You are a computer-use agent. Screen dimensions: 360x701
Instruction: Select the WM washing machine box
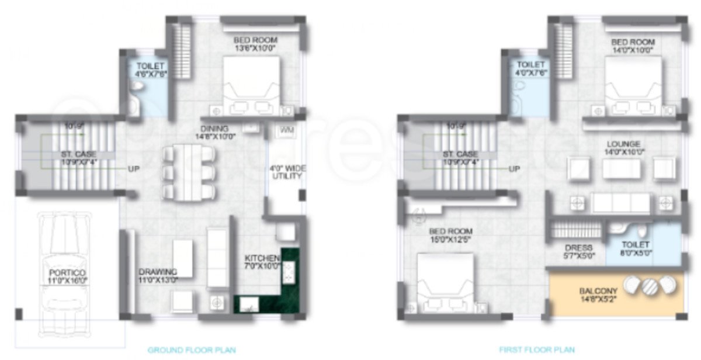286,130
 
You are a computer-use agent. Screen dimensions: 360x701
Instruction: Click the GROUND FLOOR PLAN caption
192,350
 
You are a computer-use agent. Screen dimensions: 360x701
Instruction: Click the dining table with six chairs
189,172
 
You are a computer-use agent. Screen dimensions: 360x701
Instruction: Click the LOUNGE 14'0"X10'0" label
623,148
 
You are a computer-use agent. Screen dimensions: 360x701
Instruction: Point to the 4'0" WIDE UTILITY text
286,172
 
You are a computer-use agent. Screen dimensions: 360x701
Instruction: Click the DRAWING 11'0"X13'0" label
158,275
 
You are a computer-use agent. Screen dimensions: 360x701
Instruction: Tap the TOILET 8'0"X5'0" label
636,249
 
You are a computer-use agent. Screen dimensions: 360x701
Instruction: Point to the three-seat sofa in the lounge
621,203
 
